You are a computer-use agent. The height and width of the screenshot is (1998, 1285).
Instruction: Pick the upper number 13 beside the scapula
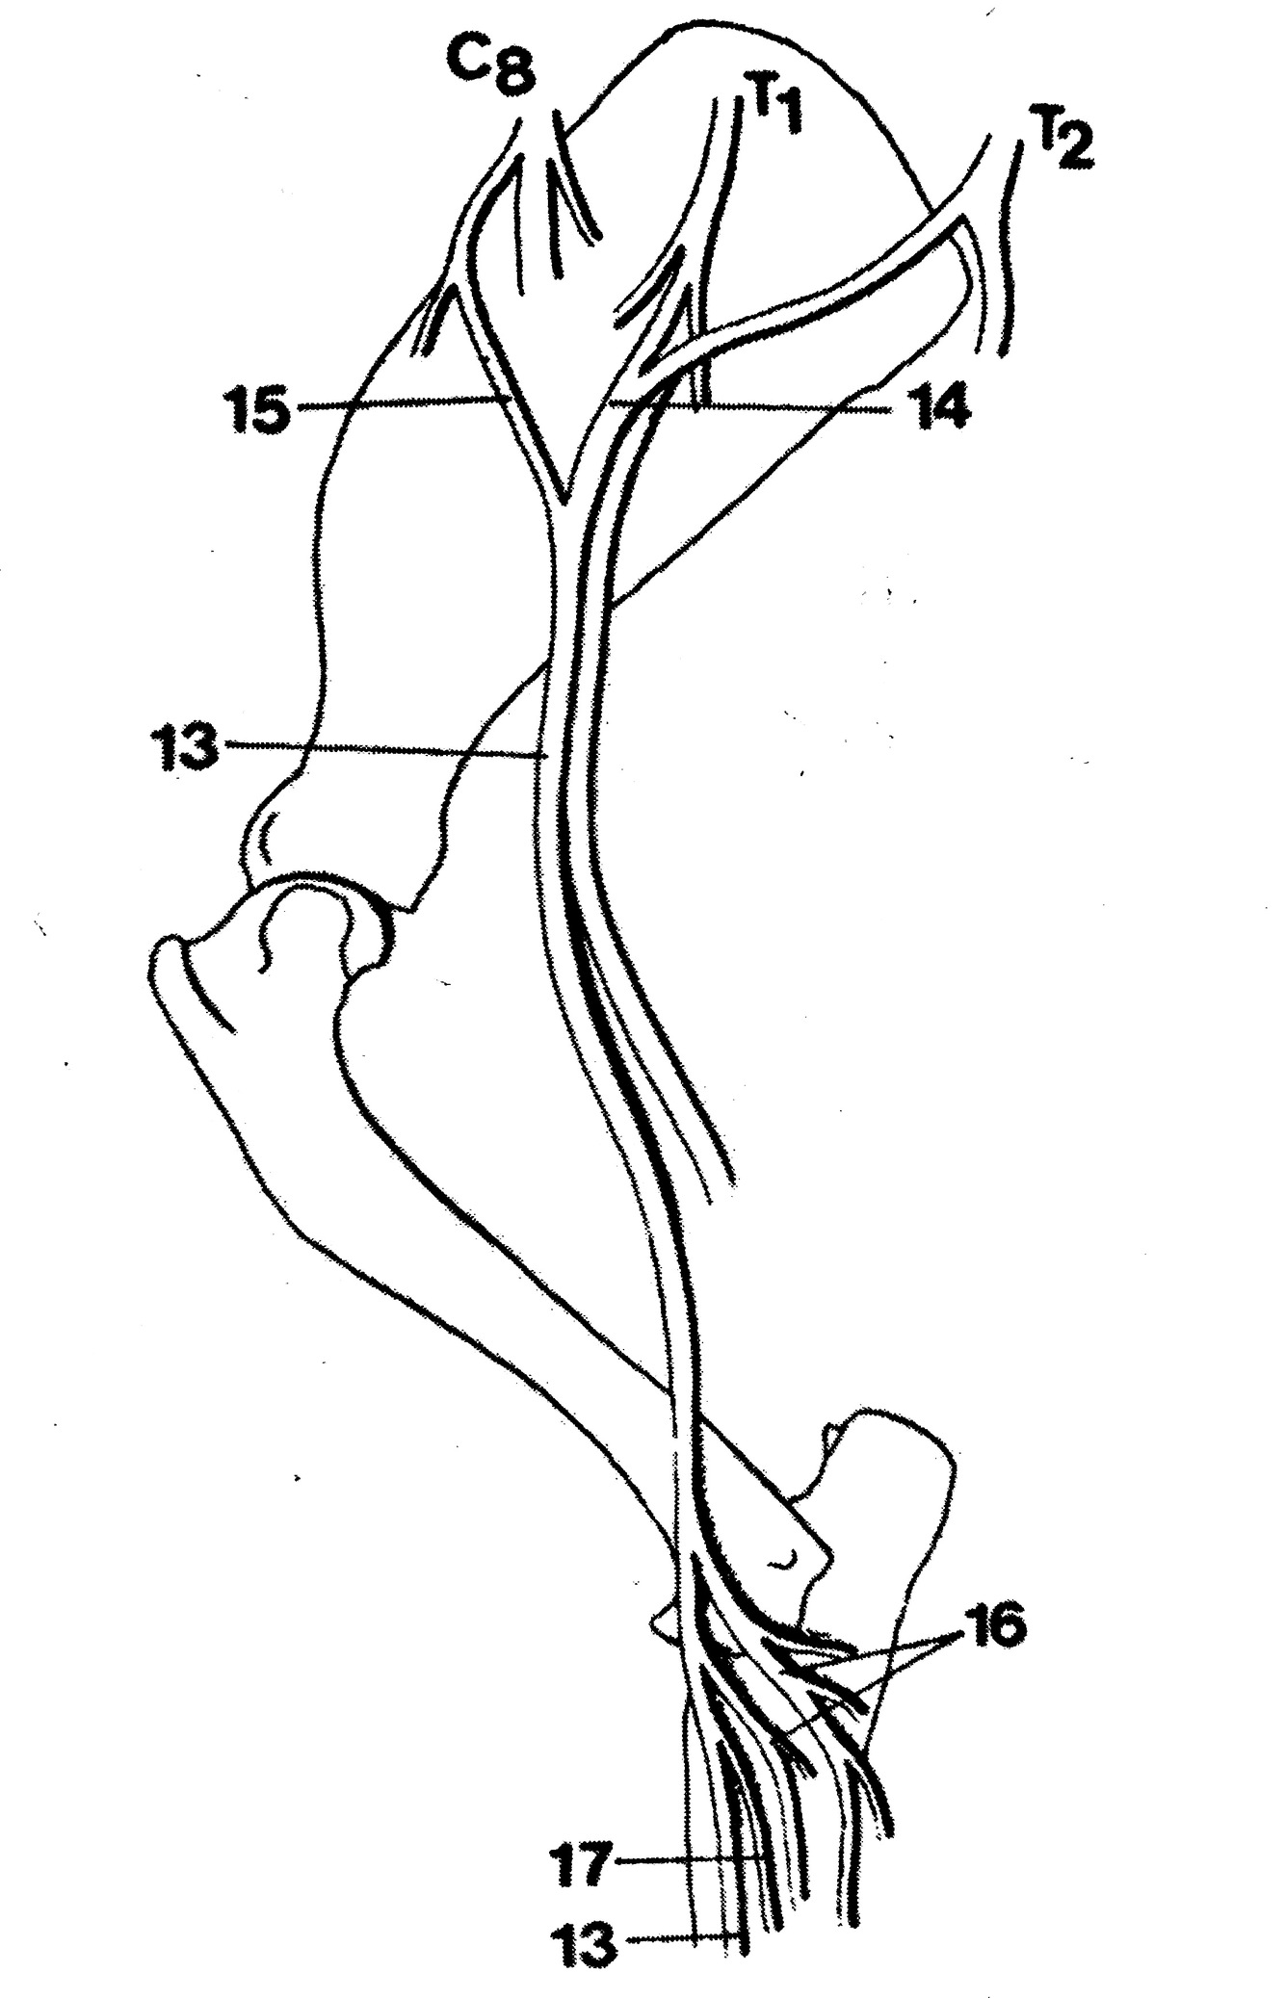click(x=185, y=745)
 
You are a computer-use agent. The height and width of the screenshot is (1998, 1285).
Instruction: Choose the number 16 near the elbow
click(x=993, y=1626)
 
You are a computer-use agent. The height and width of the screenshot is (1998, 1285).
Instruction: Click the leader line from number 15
click(x=395, y=404)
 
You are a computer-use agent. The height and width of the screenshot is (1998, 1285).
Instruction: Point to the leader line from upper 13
click(x=385, y=750)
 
